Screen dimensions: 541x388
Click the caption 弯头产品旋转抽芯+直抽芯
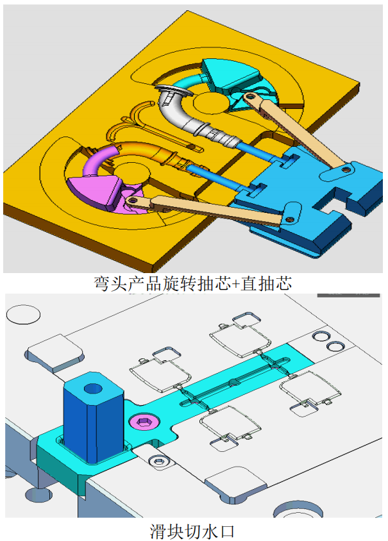[x=193, y=283]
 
